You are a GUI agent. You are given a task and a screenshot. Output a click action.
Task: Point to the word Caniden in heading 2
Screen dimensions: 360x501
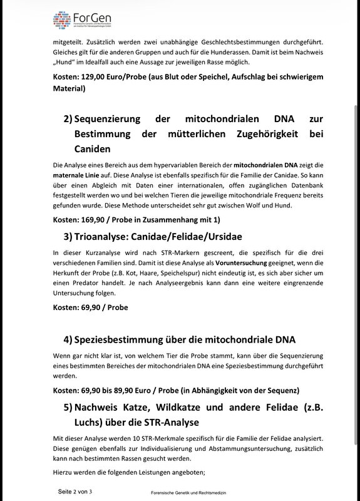coord(93,149)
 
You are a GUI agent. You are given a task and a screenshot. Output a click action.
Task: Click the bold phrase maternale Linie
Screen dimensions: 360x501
coord(75,175)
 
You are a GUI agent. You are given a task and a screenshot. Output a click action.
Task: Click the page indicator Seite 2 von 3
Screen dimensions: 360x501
coord(75,492)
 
